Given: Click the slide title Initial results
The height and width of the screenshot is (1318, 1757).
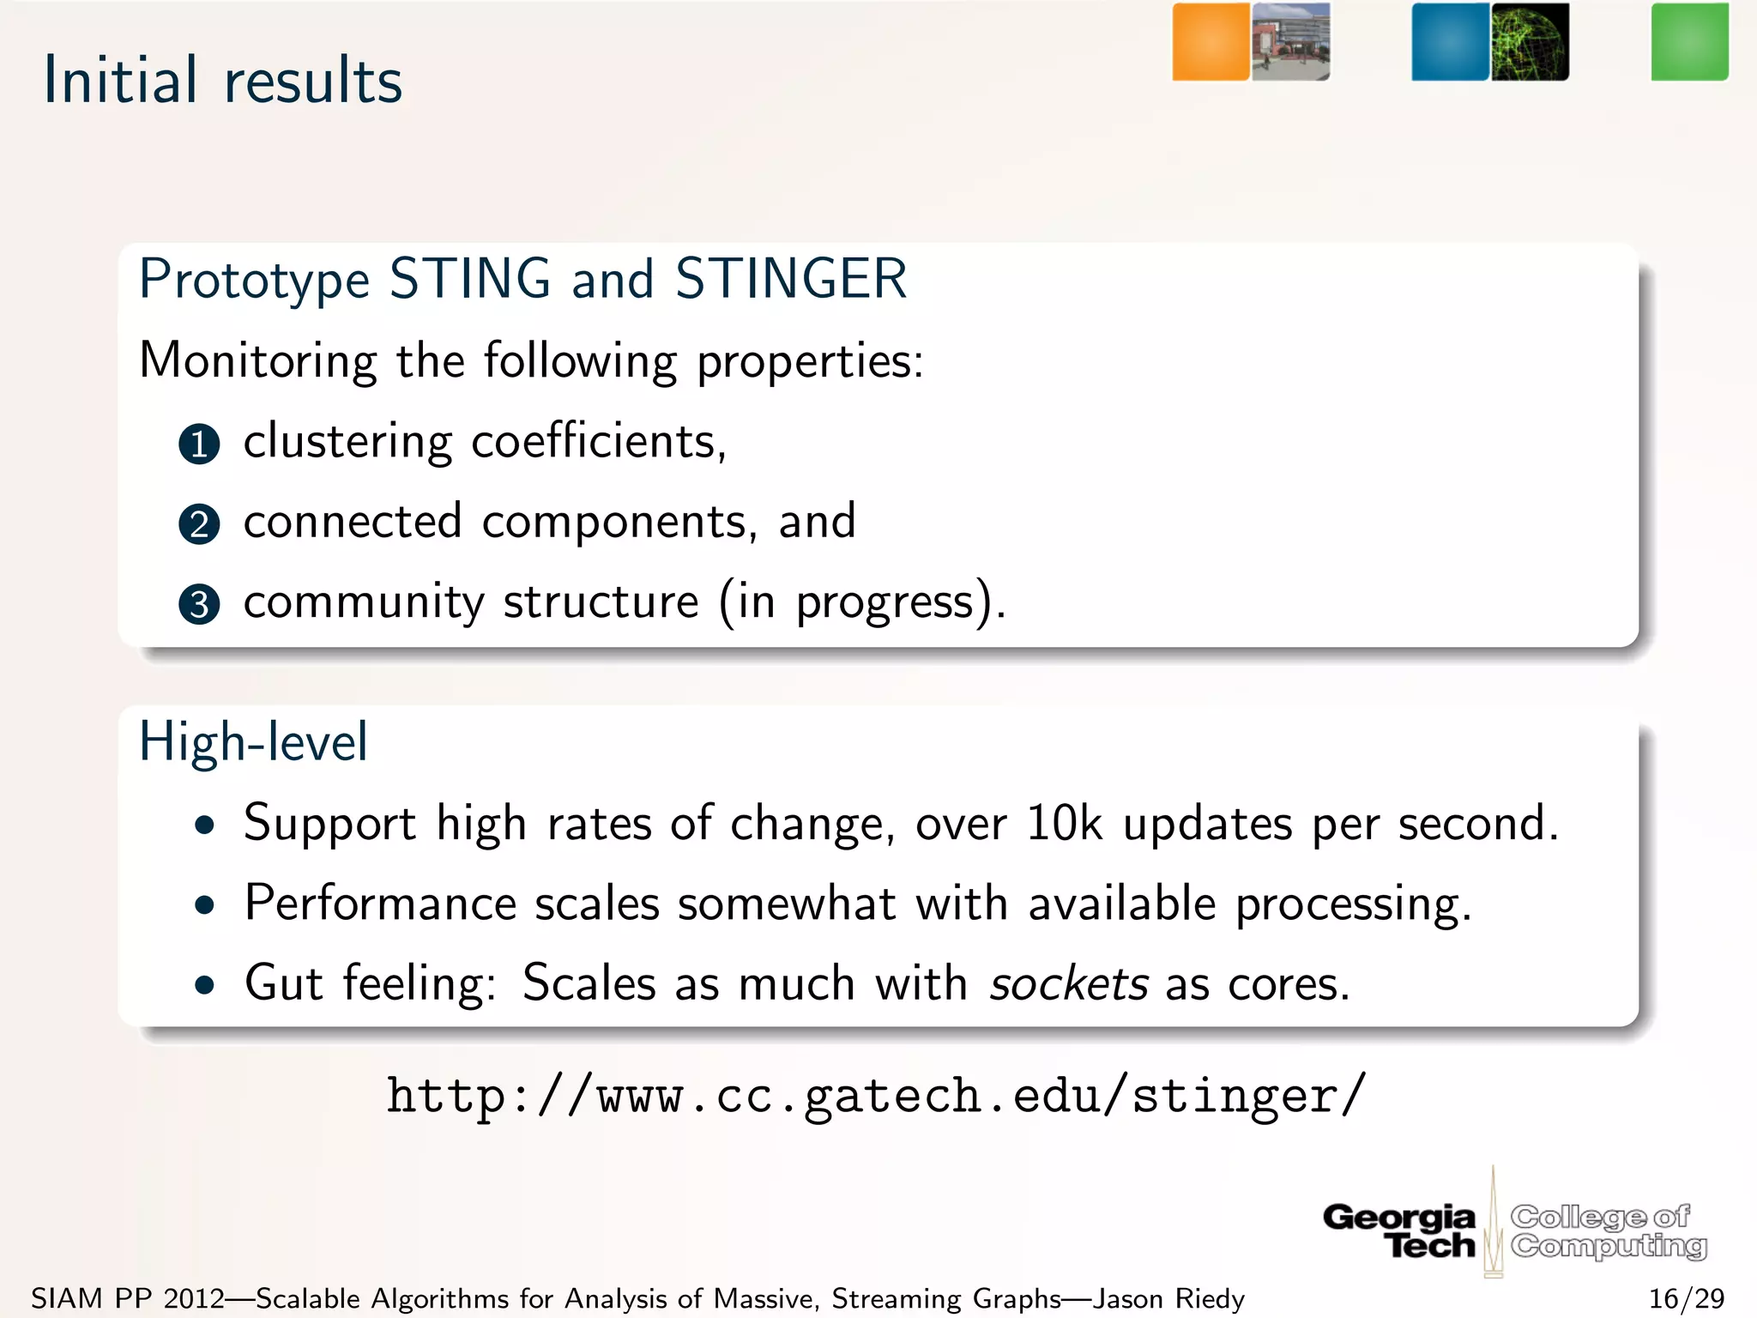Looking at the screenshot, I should pos(223,81).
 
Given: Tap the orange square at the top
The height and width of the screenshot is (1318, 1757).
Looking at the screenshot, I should pos(1211,42).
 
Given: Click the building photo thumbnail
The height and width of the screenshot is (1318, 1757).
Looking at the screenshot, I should pos(1290,42).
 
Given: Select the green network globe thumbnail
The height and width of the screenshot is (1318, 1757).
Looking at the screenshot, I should pos(1530,42).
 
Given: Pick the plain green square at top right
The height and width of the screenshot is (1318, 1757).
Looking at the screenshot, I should pos(1689,42).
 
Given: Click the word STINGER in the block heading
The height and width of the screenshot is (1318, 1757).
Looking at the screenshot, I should pos(790,279).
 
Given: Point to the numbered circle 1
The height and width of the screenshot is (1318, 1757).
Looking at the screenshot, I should pos(199,444).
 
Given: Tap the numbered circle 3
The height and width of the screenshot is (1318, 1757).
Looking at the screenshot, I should pos(199,604).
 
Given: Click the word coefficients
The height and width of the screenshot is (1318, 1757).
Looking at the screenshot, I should pos(598,442).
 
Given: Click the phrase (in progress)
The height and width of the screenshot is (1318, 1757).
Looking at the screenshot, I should pos(861,602).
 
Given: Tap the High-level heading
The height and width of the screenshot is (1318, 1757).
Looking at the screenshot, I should pos(253,742).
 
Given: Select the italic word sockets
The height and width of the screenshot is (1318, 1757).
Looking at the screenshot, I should pos(1069,983).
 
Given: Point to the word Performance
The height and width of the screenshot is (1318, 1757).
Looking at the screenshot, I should pos(380,904).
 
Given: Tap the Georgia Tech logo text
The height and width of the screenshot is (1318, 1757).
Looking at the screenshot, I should pos(1400,1230).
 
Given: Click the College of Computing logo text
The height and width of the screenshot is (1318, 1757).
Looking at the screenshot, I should pos(1608,1230).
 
